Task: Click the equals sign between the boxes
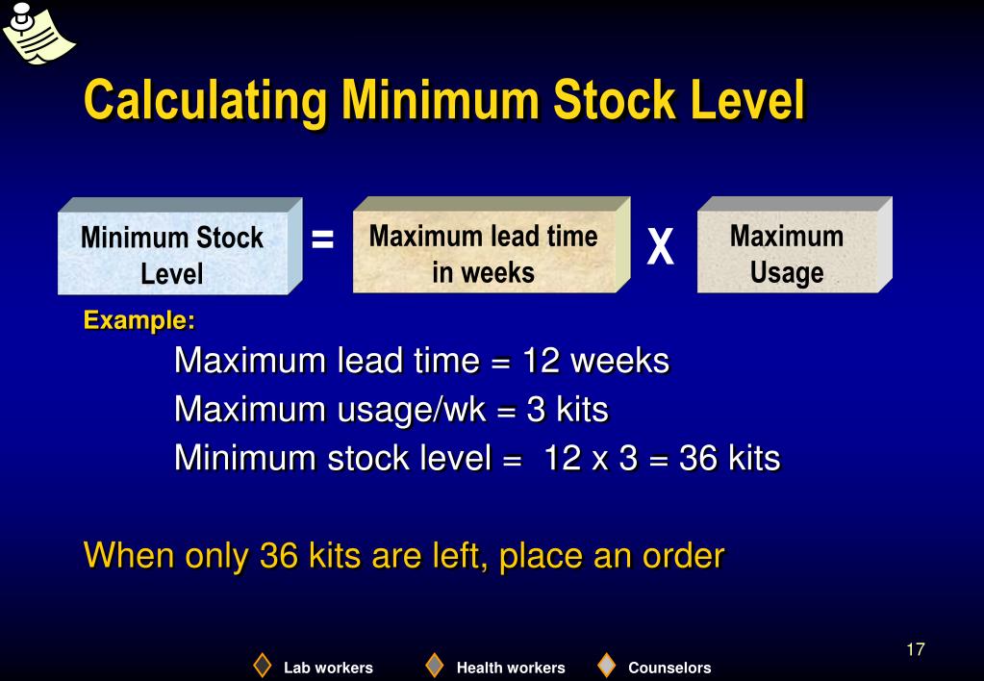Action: [x=323, y=240]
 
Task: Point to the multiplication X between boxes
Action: [x=660, y=248]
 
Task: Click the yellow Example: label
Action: [x=139, y=319]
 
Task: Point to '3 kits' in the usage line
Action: [x=568, y=410]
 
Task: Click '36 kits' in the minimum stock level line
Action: [x=729, y=458]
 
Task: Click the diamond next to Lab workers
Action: [x=263, y=666]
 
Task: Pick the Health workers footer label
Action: [x=511, y=668]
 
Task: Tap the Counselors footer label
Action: [x=669, y=668]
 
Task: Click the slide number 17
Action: [x=915, y=649]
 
